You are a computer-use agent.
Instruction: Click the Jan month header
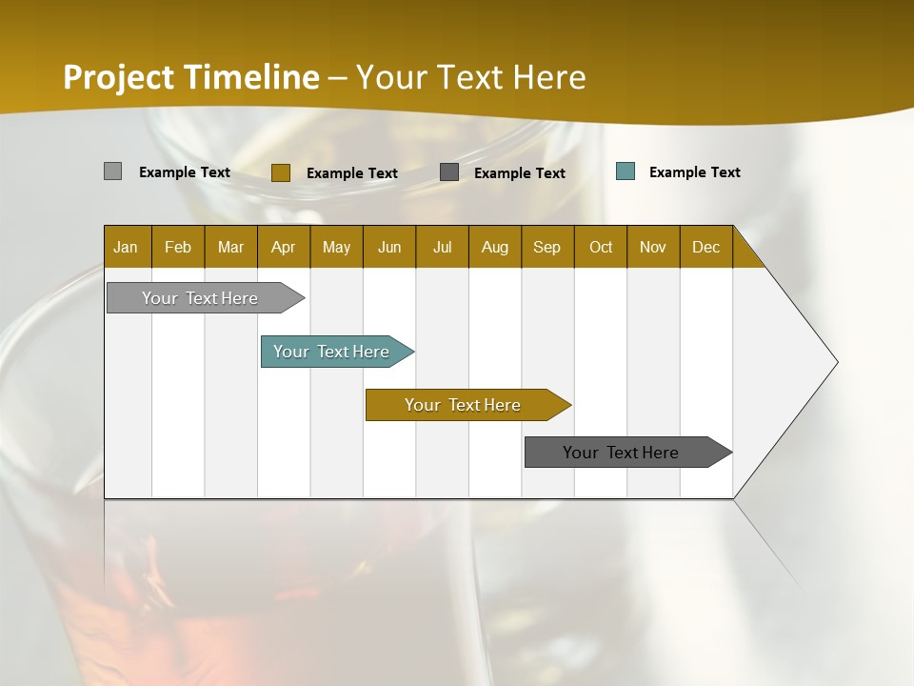127,247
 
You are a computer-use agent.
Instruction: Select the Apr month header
284,247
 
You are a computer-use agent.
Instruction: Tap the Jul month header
442,247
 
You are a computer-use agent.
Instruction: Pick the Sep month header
547,247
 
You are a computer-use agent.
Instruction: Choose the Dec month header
705,247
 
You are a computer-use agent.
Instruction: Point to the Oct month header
601,247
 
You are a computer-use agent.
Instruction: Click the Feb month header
178,247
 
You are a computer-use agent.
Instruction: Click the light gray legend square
112,171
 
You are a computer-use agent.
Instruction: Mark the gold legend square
280,172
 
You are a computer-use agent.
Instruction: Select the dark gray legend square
449,172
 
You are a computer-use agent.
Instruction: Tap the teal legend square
625,171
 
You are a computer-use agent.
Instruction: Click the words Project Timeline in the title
190,77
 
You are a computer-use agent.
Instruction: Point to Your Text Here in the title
470,77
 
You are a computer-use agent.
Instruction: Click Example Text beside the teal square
694,172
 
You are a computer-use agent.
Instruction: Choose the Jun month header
389,247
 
